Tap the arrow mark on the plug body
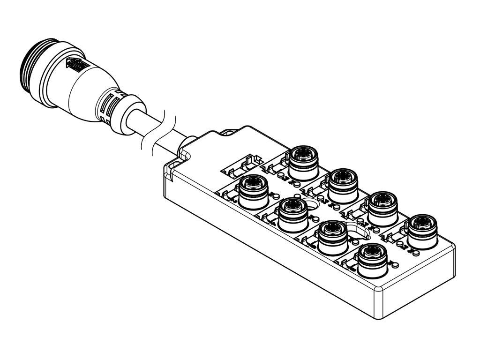(74, 65)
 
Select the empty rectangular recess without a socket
(241, 165)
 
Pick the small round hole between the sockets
(312, 204)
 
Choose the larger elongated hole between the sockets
(358, 230)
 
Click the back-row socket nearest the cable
(304, 161)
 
